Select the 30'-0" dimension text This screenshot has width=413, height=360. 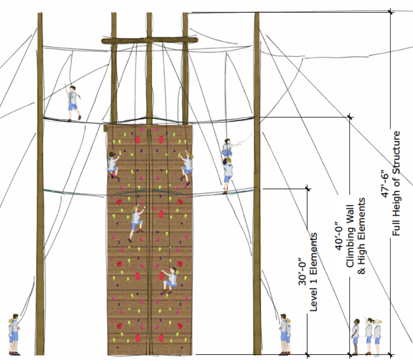pyautogui.click(x=302, y=275)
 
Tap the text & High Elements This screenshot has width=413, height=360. pyautogui.click(x=362, y=236)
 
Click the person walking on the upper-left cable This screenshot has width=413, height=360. pyautogui.click(x=73, y=103)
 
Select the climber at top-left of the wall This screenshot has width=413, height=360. pyautogui.click(x=113, y=165)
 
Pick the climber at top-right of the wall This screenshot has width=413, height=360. pyautogui.click(x=187, y=168)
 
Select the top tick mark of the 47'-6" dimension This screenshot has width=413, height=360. pyautogui.click(x=390, y=12)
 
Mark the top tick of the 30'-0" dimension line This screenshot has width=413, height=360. pyautogui.click(x=308, y=188)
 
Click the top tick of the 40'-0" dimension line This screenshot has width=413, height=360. pyautogui.click(x=350, y=117)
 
